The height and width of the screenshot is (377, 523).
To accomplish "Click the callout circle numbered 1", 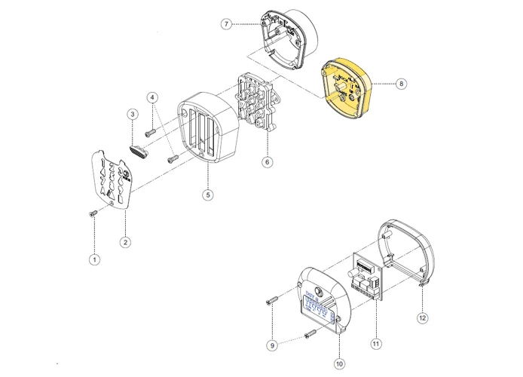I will click(94, 259).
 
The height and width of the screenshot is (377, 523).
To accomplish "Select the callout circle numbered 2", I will click(125, 242).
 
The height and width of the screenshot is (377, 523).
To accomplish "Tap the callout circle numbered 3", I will click(132, 115).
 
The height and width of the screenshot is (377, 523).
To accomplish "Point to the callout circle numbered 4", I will click(153, 98).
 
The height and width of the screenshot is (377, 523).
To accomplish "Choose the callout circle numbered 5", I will click(208, 195).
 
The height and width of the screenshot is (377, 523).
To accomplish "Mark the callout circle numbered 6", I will click(267, 161).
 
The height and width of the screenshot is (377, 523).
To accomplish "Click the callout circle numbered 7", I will click(226, 24).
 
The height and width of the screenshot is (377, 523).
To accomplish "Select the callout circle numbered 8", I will click(401, 84).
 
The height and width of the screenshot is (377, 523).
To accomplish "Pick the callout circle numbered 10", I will click(339, 363).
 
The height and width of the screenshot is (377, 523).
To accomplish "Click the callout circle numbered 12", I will click(422, 318).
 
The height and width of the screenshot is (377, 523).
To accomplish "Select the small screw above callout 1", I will click(92, 213).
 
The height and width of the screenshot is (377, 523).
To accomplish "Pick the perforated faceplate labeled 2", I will click(112, 177).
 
